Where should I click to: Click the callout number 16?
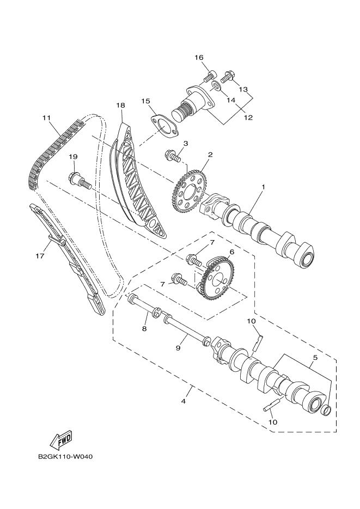coord(199,58)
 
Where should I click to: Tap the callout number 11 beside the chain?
coord(46,118)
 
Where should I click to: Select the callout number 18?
coord(120,105)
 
